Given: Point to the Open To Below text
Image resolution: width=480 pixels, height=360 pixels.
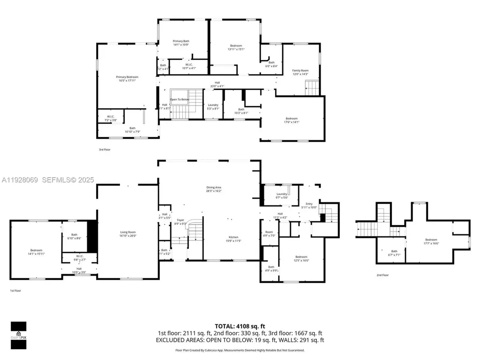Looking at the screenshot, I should pos(180,99).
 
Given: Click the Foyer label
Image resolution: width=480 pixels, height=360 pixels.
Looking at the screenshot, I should pos(181,220).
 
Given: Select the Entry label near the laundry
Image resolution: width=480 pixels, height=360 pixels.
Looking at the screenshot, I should pos(309,204).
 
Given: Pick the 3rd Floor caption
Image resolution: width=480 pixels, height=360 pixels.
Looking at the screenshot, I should pos(104,150).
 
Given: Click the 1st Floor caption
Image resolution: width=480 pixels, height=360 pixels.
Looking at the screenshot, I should pos(15,291).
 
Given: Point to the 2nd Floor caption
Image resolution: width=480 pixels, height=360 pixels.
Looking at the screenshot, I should pos(382,275).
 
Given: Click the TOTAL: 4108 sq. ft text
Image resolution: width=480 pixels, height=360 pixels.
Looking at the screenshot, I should pos(240,326).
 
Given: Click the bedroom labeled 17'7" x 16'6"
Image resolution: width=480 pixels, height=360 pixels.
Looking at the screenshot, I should pos(431,241).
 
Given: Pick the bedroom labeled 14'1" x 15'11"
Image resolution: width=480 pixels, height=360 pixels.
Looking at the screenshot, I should pos(36,252).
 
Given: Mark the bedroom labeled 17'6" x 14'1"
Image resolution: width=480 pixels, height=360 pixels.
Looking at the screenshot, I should pos(292,120).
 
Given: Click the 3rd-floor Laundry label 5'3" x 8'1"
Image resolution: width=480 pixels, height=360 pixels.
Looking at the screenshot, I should pos(213,106).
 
